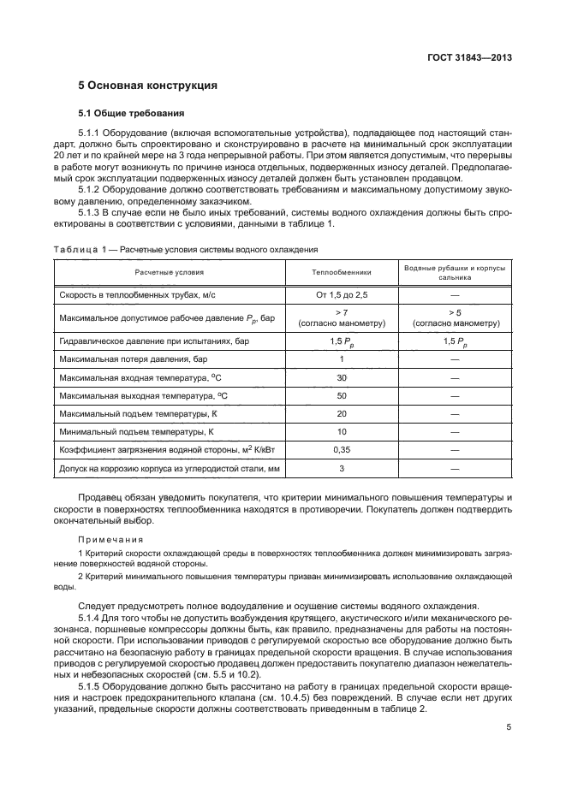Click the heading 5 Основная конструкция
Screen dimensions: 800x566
pyautogui.click(x=147, y=86)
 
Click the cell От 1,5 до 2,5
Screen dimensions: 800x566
pyautogui.click(x=341, y=293)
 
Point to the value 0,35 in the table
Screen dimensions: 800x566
pyautogui.click(x=341, y=449)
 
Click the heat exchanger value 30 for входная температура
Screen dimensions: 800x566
pyautogui.click(x=341, y=377)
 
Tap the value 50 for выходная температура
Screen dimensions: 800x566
pyautogui.click(x=341, y=395)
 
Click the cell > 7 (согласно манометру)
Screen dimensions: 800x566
pyautogui.click(x=341, y=318)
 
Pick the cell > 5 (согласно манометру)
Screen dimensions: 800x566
pyautogui.click(x=455, y=318)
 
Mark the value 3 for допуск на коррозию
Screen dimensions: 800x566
pyautogui.click(x=341, y=468)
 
